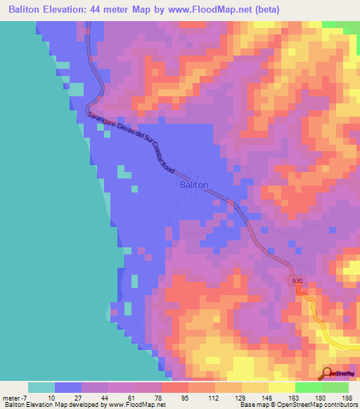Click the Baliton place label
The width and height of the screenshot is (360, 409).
(194, 185)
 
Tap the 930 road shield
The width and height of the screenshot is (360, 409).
(297, 280)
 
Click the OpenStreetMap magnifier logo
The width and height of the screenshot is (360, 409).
(328, 374)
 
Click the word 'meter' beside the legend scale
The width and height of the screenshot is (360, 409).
(12, 397)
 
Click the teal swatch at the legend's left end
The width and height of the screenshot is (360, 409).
(41, 387)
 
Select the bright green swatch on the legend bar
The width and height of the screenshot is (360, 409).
(308, 387)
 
